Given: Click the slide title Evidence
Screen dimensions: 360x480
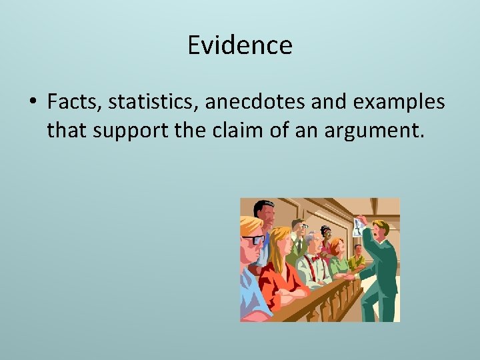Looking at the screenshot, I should click(x=240, y=45).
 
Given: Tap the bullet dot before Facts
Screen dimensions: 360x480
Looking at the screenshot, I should click(x=33, y=103).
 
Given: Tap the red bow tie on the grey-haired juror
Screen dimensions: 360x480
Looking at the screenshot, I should click(x=315, y=257).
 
